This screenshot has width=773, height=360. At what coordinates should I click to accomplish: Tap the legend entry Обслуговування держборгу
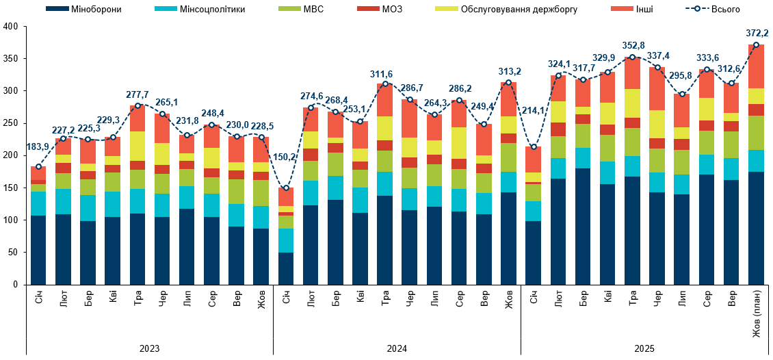pos(506,9)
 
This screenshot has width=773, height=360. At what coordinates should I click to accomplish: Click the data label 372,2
pos(757,33)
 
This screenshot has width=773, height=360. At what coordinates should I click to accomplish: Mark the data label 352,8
pos(633,45)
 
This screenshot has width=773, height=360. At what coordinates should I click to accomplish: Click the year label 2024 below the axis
pos(397,348)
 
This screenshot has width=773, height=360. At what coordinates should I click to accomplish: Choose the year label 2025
pos(644,348)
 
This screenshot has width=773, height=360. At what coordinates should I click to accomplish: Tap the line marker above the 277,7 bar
pos(137,105)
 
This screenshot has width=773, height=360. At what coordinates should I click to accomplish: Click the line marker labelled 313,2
pos(508,82)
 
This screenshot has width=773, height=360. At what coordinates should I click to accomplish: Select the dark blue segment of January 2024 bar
pos(286,268)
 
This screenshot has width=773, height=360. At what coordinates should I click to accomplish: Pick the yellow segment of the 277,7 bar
pos(137,146)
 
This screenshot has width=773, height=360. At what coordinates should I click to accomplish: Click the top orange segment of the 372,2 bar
pos(756,66)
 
